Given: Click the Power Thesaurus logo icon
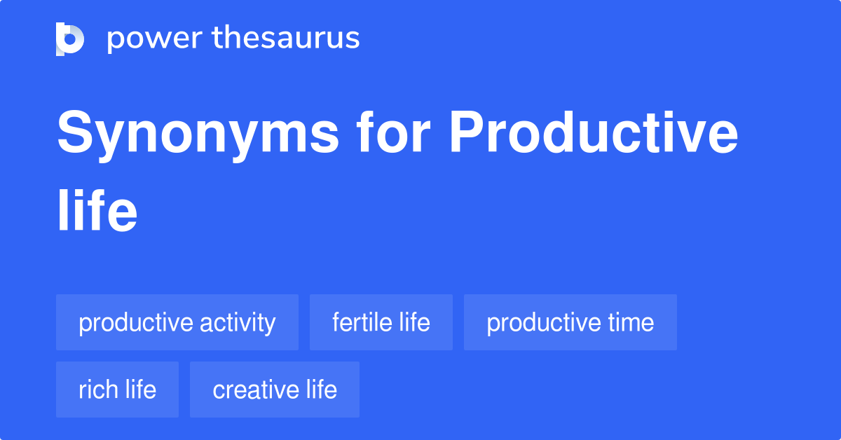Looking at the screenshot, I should coord(70,39).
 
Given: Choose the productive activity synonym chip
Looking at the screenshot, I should coord(177,322).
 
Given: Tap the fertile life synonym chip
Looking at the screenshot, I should coord(381,322).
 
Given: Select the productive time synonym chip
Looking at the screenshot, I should coord(570,322).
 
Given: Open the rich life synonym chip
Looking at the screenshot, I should coord(117,390).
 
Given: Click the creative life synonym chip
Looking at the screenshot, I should coord(275,390).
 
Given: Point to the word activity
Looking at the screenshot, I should coord(238,323).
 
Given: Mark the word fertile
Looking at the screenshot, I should coord(361,322).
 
